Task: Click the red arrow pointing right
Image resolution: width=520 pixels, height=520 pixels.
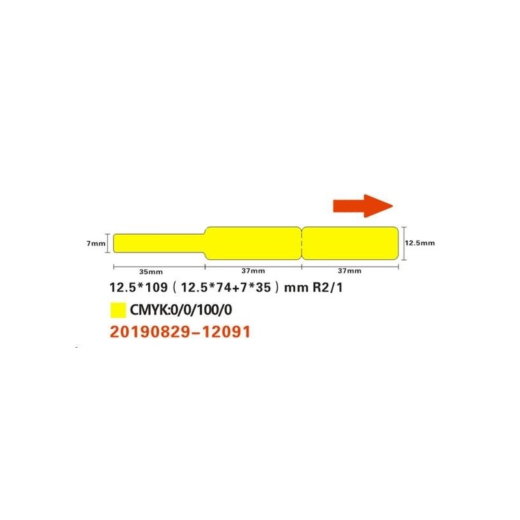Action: click(363, 206)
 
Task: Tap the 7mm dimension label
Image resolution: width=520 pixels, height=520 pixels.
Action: click(96, 243)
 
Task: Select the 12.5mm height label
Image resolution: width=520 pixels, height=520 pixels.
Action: click(420, 242)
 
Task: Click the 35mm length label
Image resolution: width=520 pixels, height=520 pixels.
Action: click(151, 272)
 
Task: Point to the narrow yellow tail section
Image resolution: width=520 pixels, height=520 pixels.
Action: click(159, 243)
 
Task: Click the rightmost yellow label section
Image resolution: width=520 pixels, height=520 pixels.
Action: click(350, 243)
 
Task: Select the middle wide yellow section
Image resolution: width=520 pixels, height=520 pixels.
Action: click(253, 243)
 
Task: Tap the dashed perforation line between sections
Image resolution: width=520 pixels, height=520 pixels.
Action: click(302, 243)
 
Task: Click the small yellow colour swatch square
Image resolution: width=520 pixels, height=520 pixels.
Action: click(118, 310)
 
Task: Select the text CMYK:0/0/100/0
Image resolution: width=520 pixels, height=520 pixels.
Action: click(181, 310)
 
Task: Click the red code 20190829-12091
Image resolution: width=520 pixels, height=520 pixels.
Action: click(180, 331)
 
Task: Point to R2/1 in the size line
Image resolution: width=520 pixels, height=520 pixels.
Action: click(328, 287)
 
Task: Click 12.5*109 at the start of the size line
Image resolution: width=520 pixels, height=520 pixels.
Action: click(138, 287)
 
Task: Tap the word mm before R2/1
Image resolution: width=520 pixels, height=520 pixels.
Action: click(296, 288)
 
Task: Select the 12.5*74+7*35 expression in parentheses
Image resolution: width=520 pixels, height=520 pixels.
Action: click(226, 287)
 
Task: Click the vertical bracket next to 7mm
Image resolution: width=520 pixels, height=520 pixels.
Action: click(108, 243)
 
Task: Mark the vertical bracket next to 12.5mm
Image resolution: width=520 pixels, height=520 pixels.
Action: click(404, 243)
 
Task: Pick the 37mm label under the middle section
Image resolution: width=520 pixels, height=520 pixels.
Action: click(253, 271)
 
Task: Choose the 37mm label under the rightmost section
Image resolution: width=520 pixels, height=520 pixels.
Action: click(350, 271)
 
